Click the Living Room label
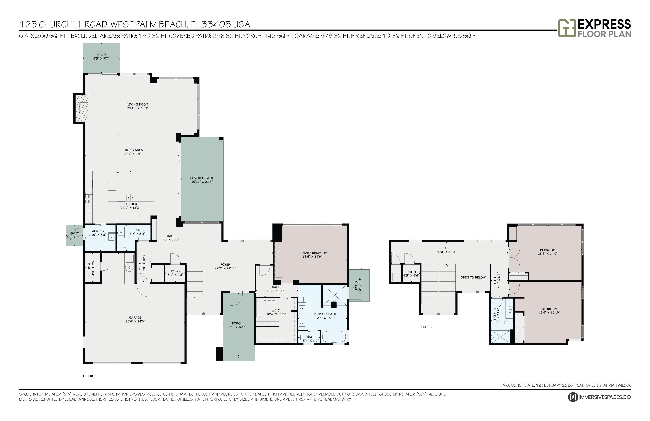click(137, 104)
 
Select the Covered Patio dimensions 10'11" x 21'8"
click(202, 182)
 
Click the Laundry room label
click(97, 231)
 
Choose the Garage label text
click(135, 318)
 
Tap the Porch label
click(237, 323)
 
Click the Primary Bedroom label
click(312, 253)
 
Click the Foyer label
click(225, 265)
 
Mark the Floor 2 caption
click(426, 327)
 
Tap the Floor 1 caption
click(89, 376)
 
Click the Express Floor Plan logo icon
click(567, 28)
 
